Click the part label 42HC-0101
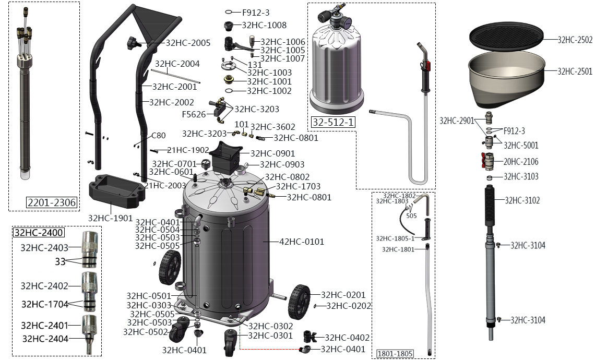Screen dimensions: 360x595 pos(302,242)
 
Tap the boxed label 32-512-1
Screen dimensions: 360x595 pos(332,123)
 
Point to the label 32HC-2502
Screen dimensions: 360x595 pos(575,39)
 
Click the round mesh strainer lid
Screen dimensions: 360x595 pos(506,36)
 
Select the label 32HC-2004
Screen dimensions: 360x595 pos(177,64)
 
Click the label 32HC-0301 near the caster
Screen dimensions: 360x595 pos(270,335)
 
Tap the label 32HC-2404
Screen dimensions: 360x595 pos(45,338)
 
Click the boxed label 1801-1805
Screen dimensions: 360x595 pos(395,354)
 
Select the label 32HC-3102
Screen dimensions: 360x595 pos(522,200)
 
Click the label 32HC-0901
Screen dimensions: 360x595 pos(272,153)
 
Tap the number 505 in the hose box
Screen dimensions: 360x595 pos(411,215)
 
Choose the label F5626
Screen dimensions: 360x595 pos(194,114)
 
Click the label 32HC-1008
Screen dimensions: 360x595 pos(264,25)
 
